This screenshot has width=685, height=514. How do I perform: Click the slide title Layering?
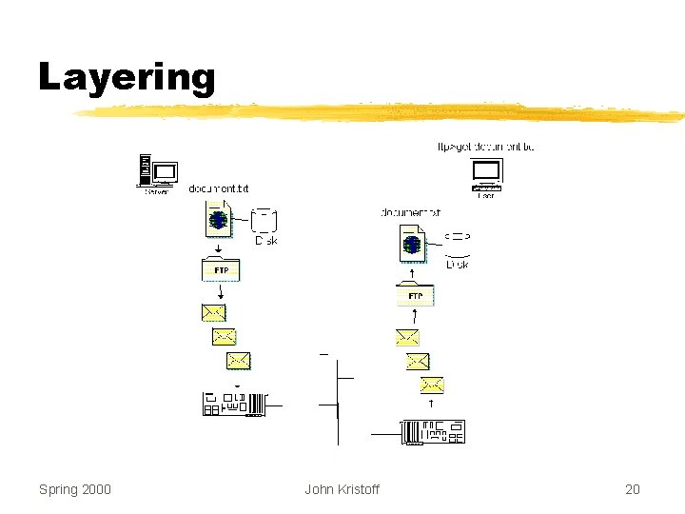coord(127,76)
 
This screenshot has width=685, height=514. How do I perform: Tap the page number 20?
coord(632,489)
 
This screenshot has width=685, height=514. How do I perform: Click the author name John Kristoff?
coord(342,489)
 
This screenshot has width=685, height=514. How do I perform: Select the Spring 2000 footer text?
coord(74,489)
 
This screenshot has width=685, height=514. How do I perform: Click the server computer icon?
coord(158,172)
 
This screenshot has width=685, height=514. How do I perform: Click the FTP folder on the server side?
coord(221,269)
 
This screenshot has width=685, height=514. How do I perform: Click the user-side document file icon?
coord(411,243)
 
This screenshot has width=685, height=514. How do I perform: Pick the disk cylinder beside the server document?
coord(264,221)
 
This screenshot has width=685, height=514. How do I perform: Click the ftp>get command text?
coord(485,147)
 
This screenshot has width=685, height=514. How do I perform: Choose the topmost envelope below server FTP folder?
coord(213,312)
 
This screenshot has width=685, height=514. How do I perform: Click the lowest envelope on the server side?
coord(238,360)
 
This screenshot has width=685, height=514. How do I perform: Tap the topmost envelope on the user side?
coord(406,337)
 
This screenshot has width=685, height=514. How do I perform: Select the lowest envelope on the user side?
coord(432,385)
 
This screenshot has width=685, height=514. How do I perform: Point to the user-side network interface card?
coord(434,431)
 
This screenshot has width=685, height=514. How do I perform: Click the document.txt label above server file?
coord(218,188)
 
